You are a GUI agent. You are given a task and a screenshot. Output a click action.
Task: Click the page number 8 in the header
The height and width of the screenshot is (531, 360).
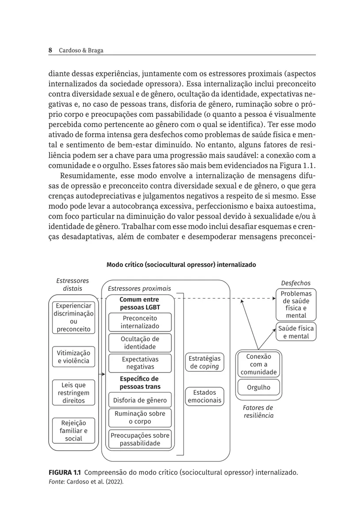50,50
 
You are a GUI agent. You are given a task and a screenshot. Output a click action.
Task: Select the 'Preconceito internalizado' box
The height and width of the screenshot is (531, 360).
140,322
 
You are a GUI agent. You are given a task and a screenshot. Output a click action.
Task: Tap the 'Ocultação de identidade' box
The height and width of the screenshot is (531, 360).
140,343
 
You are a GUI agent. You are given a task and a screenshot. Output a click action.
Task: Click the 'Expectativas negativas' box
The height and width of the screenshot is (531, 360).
140,363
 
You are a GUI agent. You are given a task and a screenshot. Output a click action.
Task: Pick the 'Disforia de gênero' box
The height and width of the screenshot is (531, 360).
140,401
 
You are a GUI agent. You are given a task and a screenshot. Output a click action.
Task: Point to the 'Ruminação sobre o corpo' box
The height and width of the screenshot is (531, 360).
140,417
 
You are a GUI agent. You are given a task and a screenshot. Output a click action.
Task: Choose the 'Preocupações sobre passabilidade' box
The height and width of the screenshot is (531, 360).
140,439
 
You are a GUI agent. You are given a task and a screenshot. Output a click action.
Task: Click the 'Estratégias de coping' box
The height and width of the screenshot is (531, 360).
204,362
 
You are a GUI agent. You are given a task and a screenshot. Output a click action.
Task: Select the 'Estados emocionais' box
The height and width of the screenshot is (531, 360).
204,396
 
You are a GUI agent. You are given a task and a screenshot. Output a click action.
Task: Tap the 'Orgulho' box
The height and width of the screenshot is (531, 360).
259,388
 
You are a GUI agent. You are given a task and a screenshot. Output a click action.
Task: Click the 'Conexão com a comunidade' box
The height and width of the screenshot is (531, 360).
259,364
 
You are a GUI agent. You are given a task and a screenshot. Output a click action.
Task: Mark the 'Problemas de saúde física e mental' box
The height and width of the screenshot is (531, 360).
296,304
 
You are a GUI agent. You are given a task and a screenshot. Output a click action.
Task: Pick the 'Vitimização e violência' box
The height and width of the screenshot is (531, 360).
73,357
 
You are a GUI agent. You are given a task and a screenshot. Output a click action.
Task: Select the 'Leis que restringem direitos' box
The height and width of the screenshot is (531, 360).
73,393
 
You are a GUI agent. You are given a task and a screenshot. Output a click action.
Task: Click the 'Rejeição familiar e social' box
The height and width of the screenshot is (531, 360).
73,431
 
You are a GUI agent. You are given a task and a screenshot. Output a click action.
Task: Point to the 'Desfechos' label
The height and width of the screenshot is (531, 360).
296,283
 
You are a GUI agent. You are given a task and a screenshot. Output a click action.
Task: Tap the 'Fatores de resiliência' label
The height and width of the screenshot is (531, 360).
258,412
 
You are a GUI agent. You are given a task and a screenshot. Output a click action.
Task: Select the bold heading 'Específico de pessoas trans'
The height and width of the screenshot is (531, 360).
140,383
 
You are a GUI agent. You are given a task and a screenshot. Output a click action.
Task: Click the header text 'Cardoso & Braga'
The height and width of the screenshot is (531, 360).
81,50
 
